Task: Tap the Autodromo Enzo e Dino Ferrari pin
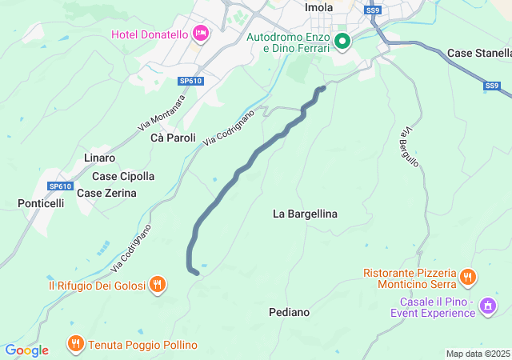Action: [x=342, y=41]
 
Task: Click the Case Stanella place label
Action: [x=478, y=53]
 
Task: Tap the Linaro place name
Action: [x=99, y=158]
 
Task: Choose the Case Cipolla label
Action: [x=124, y=176]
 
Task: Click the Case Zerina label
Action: [x=106, y=193]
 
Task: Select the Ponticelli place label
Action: [x=41, y=203]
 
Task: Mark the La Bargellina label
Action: [x=305, y=214]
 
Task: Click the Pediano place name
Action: [x=290, y=312]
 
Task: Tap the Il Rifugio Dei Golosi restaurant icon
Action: [x=158, y=284]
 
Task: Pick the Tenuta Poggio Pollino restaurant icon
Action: [x=75, y=344]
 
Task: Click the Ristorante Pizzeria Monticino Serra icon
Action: [x=467, y=278]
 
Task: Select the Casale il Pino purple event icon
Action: [x=486, y=306]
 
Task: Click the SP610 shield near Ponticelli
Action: [x=60, y=186]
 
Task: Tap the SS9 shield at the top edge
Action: [x=372, y=10]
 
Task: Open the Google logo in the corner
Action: [x=26, y=350]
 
